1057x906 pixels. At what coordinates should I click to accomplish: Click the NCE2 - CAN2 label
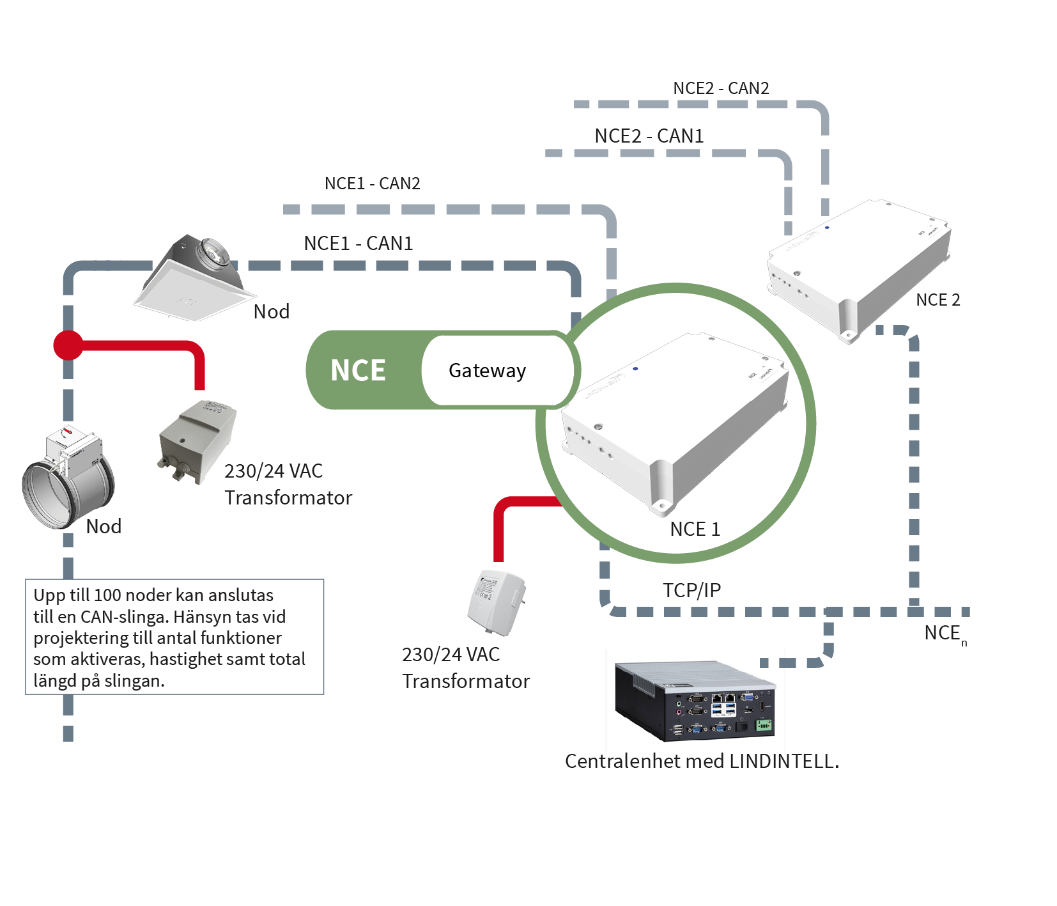721,88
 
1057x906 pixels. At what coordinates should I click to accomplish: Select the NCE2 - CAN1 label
649,136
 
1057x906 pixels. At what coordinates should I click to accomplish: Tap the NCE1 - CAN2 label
372,184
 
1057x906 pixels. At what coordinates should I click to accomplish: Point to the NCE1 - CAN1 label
358,244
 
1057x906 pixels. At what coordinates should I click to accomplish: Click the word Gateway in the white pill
487,370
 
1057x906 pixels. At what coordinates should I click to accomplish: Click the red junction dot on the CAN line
68,345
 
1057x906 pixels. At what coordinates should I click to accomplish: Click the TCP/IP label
691,590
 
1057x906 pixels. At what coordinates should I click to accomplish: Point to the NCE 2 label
937,300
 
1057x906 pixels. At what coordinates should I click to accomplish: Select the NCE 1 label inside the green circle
695,529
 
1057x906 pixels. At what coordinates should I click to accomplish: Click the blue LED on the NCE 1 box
635,369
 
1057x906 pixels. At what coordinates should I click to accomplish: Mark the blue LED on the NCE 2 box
827,228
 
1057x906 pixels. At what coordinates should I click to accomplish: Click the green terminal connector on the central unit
764,725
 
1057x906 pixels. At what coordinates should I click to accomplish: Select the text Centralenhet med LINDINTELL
702,762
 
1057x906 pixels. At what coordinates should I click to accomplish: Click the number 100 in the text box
107,595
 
